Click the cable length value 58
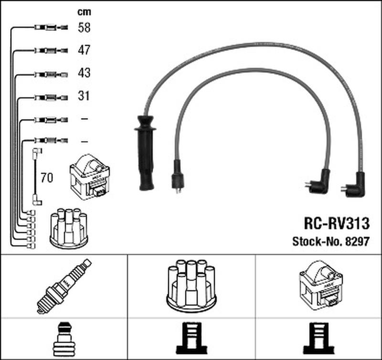click(84, 27)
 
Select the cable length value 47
click(84, 50)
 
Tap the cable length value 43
click(84, 73)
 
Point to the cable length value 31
click(84, 96)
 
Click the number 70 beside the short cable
click(47, 178)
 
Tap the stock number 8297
click(357, 242)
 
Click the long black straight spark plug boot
click(144, 153)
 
